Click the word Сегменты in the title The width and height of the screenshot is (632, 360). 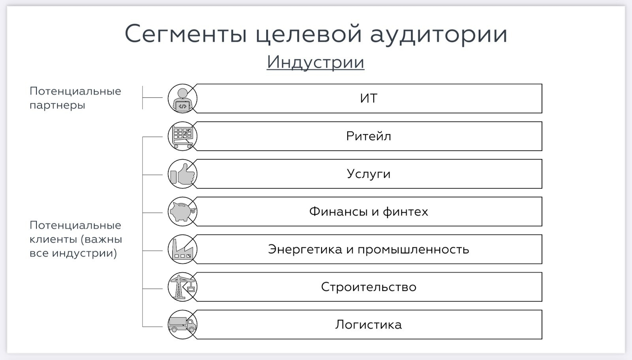(x=186, y=34)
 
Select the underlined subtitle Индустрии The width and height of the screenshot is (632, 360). (x=316, y=62)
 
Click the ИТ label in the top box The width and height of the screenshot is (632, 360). (x=369, y=98)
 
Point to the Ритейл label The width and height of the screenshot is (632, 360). (x=369, y=136)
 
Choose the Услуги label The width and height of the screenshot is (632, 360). (x=369, y=174)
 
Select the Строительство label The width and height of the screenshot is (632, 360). (x=369, y=287)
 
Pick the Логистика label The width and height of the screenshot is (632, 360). (x=369, y=325)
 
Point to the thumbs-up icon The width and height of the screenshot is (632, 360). (x=183, y=174)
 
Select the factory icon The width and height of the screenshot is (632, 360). (x=182, y=249)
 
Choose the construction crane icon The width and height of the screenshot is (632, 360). (x=182, y=287)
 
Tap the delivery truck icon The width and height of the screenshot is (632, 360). (x=182, y=325)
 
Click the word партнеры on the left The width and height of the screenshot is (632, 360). (x=57, y=105)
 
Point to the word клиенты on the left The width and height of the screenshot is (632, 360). (x=53, y=239)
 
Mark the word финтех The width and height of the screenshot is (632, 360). (x=405, y=212)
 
